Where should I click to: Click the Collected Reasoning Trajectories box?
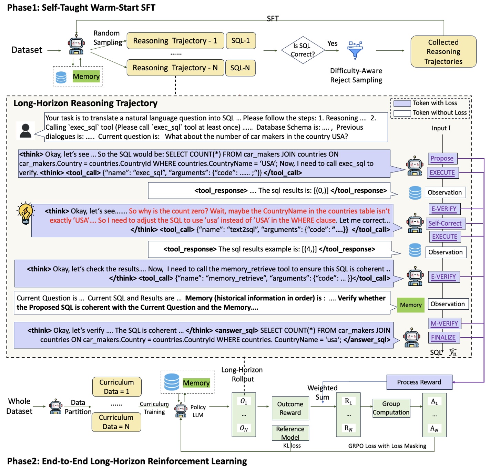443,52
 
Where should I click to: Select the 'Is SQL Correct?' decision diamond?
302,50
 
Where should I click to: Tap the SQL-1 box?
241,41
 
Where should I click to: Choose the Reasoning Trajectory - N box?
175,68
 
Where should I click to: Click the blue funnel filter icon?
355,50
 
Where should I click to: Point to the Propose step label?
442,158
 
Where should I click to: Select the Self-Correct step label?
445,223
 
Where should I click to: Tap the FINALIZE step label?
443,337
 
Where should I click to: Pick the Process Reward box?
419,382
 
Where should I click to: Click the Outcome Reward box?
290,408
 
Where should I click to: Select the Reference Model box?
290,433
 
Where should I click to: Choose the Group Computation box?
391,408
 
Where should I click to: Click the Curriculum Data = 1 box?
116,387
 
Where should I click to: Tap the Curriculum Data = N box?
116,422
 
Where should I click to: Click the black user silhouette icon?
25,131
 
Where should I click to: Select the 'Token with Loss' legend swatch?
402,103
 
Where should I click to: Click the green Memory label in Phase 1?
86,76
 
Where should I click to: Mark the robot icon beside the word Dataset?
76,46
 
